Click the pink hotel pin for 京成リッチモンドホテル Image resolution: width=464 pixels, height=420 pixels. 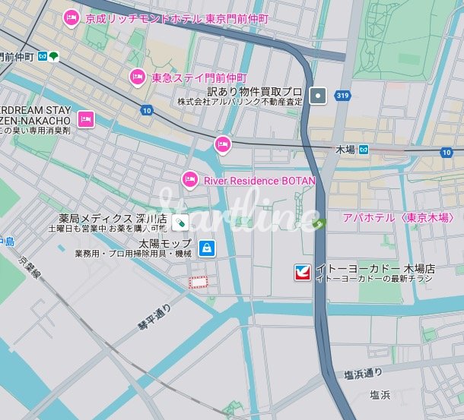pos(71,17)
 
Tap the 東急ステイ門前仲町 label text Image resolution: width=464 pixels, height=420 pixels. pos(199,77)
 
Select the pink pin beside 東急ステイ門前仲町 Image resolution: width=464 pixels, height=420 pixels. pos(137,76)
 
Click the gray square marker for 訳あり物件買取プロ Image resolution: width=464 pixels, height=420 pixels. pos(319,95)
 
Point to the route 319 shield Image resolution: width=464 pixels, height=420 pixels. pos(343,96)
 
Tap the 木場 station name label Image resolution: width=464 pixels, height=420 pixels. pos(345,150)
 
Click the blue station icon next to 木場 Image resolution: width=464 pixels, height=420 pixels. pos(364,150)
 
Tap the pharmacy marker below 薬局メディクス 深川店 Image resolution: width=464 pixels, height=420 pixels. pos(180,223)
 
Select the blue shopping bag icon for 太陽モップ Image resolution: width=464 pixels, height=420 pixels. pos(206,248)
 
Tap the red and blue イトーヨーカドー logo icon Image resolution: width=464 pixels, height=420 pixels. pos(303,273)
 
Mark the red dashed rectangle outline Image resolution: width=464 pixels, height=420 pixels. pos(199,283)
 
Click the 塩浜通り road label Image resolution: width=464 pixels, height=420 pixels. pos(362,374)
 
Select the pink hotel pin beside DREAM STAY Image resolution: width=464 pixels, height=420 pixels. pos(86,119)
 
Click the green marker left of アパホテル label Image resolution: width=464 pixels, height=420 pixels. pos(322,223)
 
